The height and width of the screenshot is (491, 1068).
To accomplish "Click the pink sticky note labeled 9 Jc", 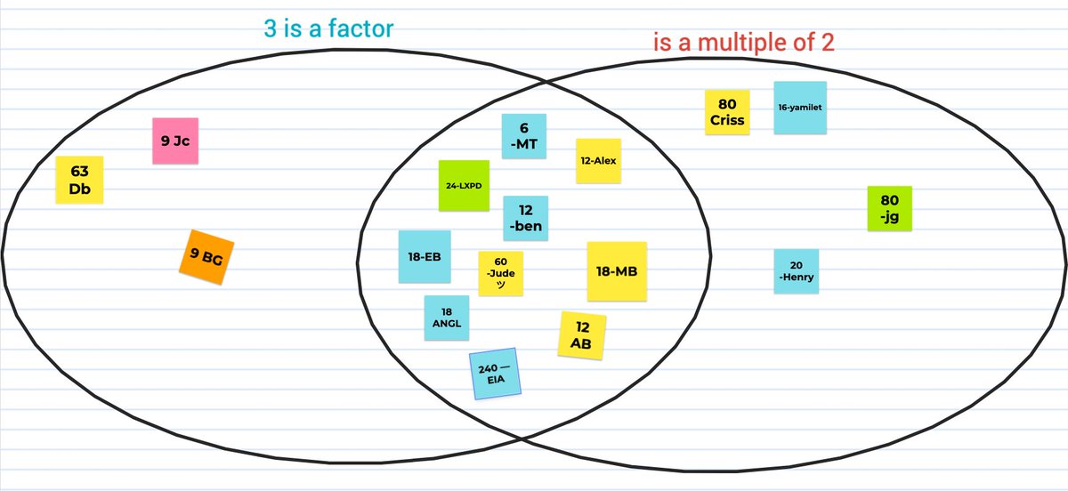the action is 174,141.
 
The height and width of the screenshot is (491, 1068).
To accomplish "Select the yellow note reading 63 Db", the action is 80,181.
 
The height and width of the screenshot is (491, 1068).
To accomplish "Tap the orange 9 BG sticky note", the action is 206,258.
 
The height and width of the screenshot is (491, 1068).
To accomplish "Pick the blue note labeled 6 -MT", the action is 523,136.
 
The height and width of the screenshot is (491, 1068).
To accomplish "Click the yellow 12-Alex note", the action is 598,161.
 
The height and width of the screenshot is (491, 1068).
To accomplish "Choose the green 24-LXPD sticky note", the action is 464,186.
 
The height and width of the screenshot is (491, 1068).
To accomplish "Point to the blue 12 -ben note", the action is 525,219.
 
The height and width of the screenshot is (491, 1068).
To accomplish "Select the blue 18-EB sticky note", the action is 424,257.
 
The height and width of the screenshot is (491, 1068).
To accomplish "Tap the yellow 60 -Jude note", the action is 501,273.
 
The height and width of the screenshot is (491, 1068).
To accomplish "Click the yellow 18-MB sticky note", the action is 617,271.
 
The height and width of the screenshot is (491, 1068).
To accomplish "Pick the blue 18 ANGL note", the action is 446,318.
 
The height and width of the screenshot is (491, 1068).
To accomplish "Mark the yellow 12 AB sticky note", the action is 582,335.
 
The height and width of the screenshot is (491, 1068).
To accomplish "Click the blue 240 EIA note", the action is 494,374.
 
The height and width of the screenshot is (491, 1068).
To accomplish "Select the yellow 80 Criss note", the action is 728,112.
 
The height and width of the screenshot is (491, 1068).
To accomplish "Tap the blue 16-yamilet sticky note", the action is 799,108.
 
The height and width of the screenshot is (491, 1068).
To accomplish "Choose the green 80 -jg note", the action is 889,208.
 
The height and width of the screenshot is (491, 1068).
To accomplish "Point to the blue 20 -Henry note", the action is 796,271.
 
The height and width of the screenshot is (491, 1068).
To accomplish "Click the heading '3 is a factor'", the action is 328,29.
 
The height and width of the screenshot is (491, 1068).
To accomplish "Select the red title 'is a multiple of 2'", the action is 743,43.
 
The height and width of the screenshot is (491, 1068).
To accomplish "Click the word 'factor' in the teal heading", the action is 361,29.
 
